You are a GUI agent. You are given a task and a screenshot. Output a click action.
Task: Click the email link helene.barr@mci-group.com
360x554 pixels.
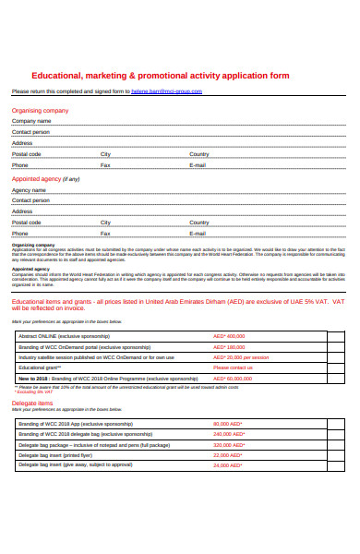click(x=166, y=91)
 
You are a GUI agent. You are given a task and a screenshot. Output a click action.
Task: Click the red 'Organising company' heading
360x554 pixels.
click(x=40, y=110)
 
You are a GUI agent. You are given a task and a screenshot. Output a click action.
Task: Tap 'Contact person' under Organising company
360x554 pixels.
click(x=30, y=132)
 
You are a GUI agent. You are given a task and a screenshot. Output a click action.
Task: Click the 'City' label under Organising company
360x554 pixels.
click(x=105, y=153)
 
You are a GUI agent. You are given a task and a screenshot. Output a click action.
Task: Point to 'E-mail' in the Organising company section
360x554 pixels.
click(x=198, y=164)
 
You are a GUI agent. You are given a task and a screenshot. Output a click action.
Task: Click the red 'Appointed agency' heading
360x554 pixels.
click(x=36, y=179)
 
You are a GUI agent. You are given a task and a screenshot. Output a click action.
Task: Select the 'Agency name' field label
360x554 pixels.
click(x=29, y=190)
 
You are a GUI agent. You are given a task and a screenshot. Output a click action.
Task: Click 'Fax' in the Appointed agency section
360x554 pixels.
click(x=104, y=234)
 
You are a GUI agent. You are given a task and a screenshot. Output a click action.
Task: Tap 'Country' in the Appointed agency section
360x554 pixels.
click(x=199, y=223)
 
